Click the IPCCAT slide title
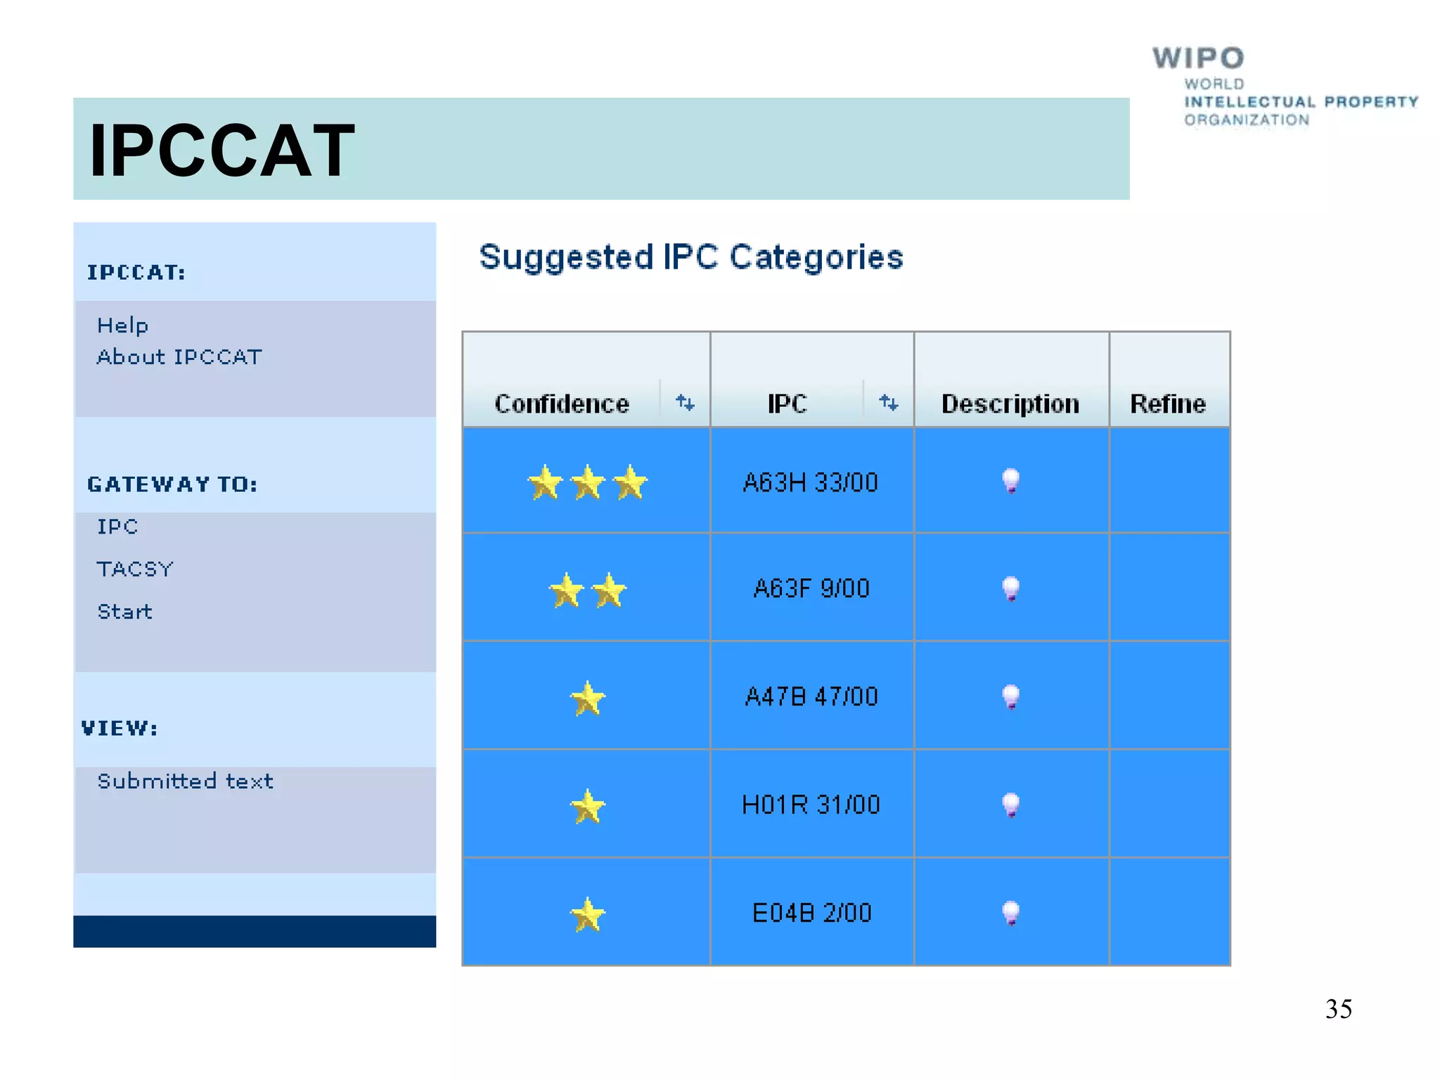tap(222, 150)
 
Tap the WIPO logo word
tap(1198, 58)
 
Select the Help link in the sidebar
tap(123, 326)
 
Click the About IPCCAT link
tap(179, 357)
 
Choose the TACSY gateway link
tap(135, 569)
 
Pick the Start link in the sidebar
tap(125, 612)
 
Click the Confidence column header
tap(562, 404)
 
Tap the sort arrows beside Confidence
tap(685, 402)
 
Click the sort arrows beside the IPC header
tap(889, 402)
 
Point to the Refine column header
tap(1168, 404)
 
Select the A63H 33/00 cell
tap(811, 482)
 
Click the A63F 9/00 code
tap(811, 589)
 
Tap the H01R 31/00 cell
tap(811, 804)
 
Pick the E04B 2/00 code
tap(811, 913)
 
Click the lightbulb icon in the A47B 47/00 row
tap(1010, 697)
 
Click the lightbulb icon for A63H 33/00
tap(1010, 481)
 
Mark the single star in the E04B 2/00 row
tap(587, 914)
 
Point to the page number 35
tap(1338, 1009)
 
